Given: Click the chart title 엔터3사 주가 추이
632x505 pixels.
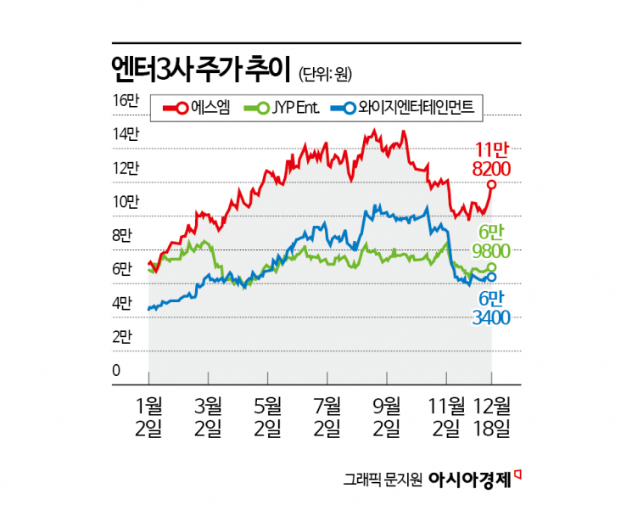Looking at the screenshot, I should [x=201, y=69].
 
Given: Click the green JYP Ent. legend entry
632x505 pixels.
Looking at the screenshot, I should [x=280, y=107].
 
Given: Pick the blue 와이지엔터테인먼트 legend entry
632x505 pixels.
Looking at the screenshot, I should [x=400, y=107].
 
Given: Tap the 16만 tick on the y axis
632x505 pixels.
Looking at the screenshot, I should [x=124, y=100].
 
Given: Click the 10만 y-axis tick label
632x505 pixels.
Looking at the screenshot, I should [x=124, y=202].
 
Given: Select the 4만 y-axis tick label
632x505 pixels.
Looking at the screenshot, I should [x=124, y=303].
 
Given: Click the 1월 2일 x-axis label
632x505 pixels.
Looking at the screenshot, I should [x=149, y=416].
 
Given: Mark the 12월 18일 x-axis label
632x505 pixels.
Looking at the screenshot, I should [x=491, y=416].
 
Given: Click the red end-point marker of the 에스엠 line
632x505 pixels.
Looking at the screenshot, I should [x=491, y=184].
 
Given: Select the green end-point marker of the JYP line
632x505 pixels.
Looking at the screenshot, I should [x=492, y=267].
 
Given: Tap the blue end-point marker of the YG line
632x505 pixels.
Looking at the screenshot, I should [x=492, y=277].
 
